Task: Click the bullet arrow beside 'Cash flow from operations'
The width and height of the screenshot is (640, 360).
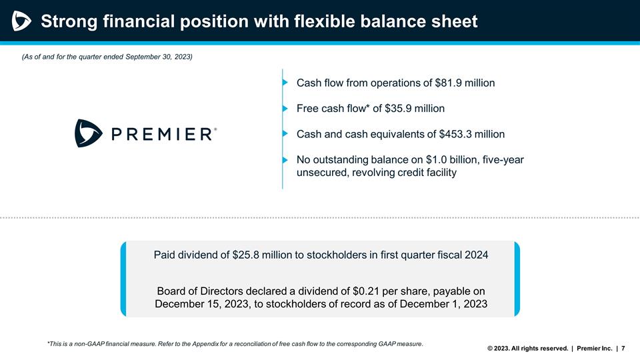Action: click(x=285, y=83)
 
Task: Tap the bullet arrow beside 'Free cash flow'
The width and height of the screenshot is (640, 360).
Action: click(x=285, y=108)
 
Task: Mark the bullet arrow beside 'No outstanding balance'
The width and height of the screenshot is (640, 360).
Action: click(x=285, y=160)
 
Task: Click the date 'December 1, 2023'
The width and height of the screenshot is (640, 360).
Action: click(x=445, y=305)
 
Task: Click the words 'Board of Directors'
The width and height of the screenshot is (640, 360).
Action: click(x=199, y=291)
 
